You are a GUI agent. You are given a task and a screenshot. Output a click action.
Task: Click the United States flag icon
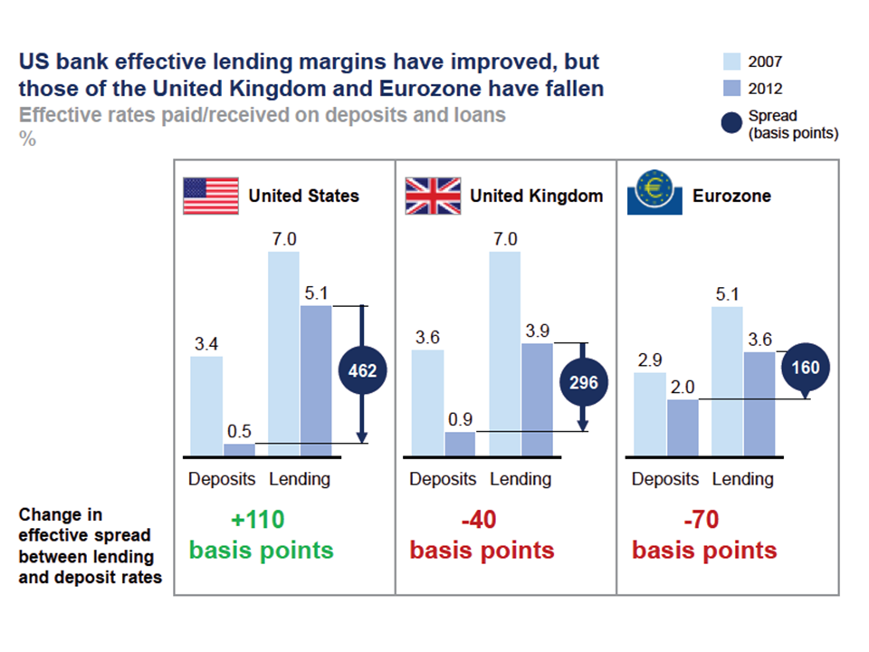(211, 196)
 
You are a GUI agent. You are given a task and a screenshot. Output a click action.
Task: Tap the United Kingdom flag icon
(432, 196)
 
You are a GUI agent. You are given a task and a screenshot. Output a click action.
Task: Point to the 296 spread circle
(584, 382)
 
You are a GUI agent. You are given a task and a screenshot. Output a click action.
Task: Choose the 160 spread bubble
(807, 369)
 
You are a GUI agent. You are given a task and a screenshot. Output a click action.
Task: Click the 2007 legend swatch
(732, 62)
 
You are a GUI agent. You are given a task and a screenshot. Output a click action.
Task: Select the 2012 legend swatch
(732, 89)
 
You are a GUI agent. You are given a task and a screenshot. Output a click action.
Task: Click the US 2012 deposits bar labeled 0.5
(240, 449)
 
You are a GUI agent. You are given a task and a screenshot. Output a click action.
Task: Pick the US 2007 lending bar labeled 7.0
(283, 353)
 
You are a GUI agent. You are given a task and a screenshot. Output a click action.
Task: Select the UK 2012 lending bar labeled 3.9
(537, 399)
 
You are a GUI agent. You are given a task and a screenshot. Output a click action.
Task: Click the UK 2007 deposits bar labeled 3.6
(427, 402)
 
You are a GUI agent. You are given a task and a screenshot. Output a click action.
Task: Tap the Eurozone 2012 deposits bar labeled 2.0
(683, 427)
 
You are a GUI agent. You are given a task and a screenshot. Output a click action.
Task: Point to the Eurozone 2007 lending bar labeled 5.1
(727, 380)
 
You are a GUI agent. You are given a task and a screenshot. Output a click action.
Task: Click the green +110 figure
(258, 520)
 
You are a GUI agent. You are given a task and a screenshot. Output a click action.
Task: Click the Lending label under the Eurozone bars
(743, 479)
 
